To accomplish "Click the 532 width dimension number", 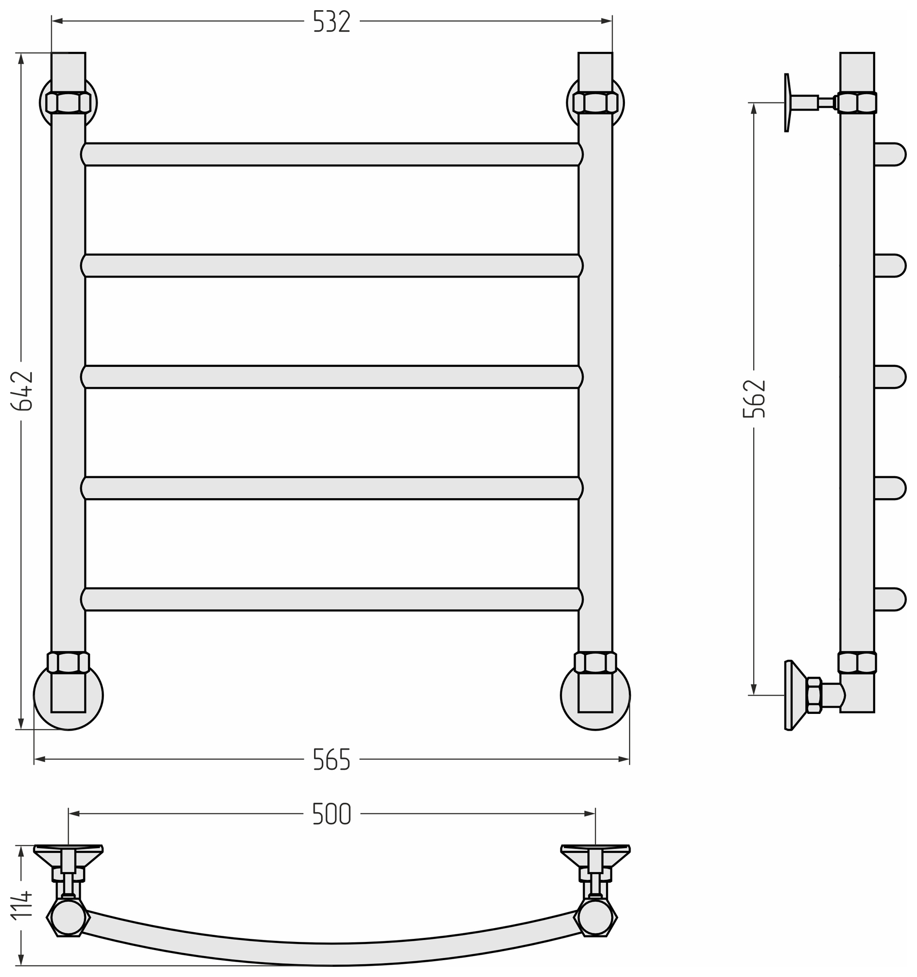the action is (x=332, y=21).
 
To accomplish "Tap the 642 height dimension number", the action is (x=22, y=391).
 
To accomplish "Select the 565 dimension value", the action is (x=332, y=759).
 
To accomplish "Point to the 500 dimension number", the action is (x=332, y=814).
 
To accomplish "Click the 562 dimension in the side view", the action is (x=754, y=399).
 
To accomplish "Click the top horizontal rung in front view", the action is (x=332, y=154).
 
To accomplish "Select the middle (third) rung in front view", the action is (x=332, y=377).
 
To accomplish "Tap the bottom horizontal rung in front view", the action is (x=332, y=599).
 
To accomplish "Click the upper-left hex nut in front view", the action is (x=68, y=103).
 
